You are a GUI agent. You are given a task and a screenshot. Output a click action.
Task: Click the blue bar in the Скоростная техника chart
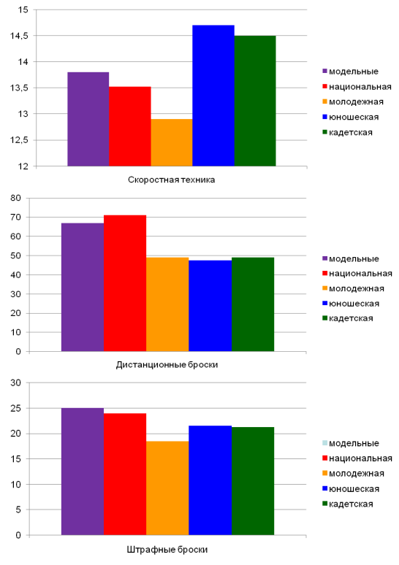213,96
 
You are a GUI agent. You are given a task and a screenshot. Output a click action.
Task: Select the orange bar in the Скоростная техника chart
172,142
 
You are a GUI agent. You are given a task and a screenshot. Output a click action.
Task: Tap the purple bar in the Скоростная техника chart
88,119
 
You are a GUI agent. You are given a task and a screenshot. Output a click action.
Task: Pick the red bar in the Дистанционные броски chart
125,283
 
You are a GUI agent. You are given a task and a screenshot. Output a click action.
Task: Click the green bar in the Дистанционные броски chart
253,304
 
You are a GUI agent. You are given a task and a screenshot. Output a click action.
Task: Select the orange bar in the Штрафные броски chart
167,488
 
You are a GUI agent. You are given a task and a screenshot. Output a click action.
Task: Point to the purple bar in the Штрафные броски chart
83,472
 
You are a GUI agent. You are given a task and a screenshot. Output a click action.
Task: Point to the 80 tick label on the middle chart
16,198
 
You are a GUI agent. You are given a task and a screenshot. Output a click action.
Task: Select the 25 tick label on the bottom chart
16,408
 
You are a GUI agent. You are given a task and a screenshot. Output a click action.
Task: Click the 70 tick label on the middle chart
16,218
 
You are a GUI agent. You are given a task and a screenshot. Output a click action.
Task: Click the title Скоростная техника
171,180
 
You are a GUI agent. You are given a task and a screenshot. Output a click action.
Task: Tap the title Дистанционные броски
167,365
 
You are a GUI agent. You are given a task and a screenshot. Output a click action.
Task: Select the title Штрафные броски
167,550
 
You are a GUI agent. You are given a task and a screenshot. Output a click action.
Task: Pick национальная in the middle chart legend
360,274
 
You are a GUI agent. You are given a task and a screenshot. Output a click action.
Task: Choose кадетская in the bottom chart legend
351,504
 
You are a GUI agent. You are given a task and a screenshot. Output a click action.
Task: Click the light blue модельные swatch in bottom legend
324,443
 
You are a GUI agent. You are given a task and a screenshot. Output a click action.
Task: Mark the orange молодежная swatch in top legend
324,102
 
